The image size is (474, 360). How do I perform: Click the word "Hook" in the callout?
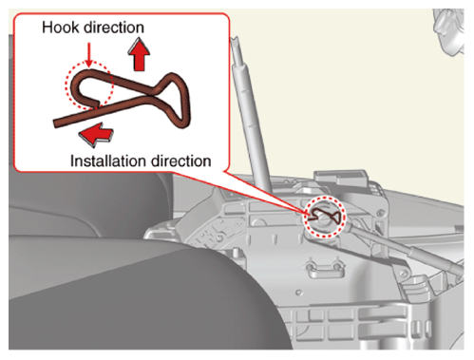[60, 28]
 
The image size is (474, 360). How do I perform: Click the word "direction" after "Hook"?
[114, 28]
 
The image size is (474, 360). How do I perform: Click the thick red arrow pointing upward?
[139, 54]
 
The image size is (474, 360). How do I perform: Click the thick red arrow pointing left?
[96, 134]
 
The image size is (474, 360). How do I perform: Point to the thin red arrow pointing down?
[89, 54]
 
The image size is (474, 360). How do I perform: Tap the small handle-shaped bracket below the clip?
[324, 269]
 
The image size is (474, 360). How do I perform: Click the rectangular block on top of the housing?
[341, 179]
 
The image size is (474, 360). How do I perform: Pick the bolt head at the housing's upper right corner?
[381, 213]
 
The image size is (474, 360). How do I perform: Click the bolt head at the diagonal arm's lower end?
[403, 273]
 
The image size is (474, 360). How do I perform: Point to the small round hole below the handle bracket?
[298, 293]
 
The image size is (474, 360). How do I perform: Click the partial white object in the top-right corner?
[448, 31]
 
